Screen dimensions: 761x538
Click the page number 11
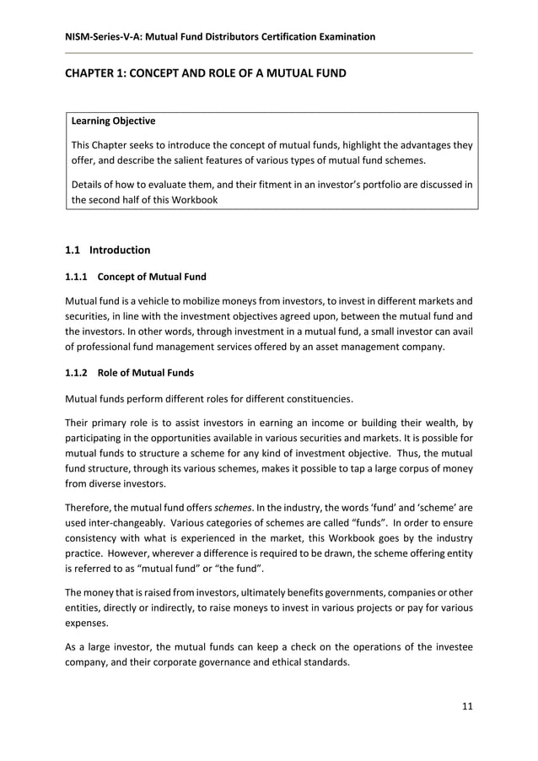pyautogui.click(x=466, y=706)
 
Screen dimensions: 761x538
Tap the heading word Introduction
pyautogui.click(x=120, y=251)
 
